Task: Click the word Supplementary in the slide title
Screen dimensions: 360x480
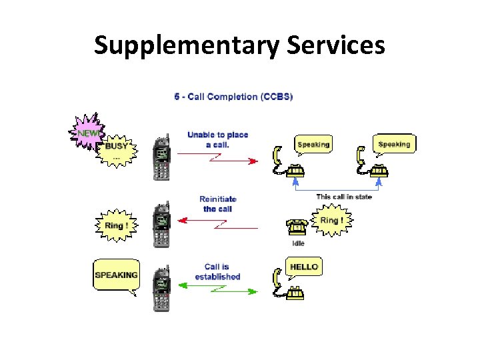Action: click(x=187, y=45)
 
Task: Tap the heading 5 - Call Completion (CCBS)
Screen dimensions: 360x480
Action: click(x=233, y=97)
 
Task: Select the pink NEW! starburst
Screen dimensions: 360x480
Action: click(x=87, y=133)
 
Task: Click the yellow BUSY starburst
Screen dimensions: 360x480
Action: click(x=117, y=148)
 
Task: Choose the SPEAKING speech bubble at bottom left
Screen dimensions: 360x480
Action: click(x=116, y=275)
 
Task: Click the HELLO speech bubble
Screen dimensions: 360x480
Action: click(x=304, y=267)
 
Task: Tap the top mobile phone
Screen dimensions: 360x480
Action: click(x=161, y=158)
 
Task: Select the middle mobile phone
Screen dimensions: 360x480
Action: click(x=161, y=225)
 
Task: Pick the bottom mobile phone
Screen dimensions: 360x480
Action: click(x=161, y=287)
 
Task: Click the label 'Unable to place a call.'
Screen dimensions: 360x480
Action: click(x=217, y=139)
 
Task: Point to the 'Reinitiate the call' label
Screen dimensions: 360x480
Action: click(x=218, y=203)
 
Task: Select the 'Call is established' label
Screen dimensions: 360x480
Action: click(x=217, y=271)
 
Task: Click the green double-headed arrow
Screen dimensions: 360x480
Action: click(x=218, y=291)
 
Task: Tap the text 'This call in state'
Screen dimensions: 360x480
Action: click(x=344, y=197)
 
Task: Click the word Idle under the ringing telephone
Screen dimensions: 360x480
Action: click(x=298, y=243)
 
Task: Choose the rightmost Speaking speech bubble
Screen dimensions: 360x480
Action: click(x=394, y=144)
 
